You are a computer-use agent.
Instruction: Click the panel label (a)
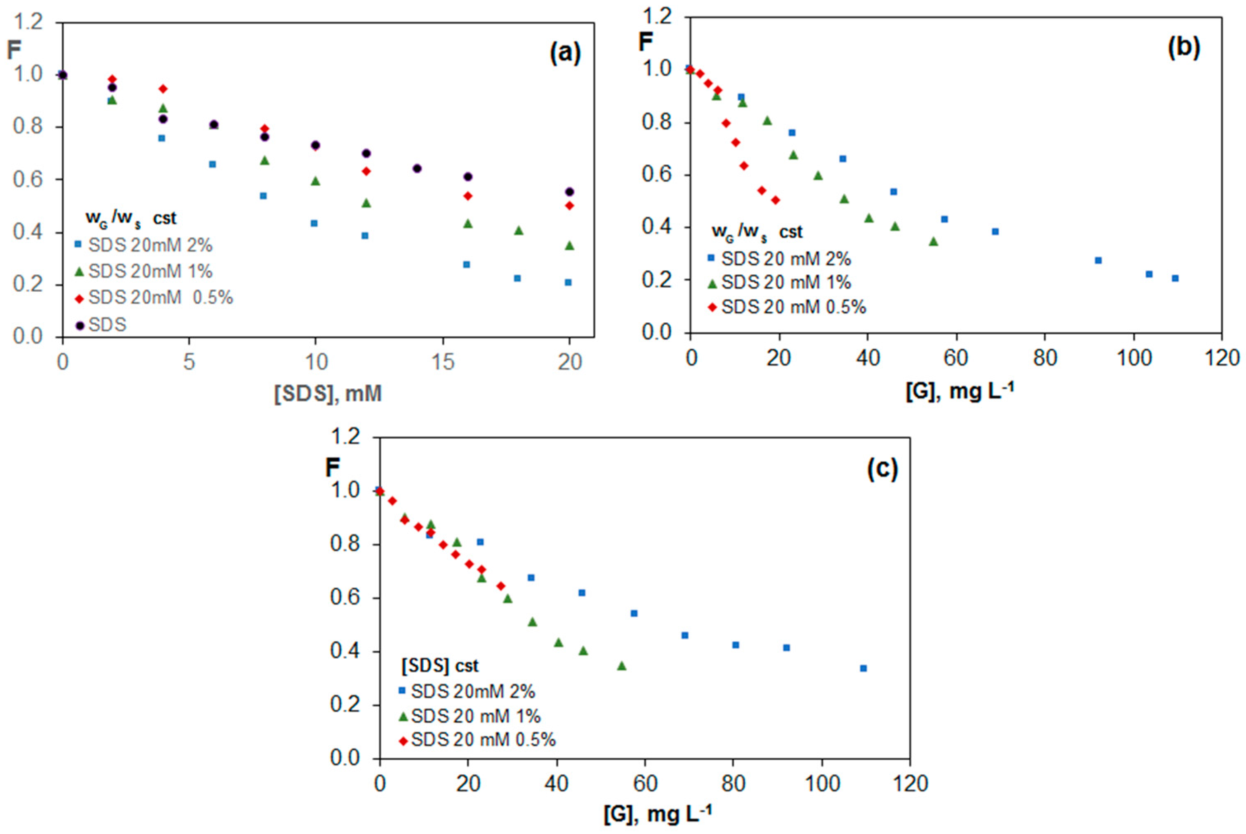point(565,54)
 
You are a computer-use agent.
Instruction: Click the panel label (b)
point(1183,48)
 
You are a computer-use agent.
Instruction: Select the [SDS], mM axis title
point(328,394)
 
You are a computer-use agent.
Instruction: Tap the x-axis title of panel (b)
point(959,391)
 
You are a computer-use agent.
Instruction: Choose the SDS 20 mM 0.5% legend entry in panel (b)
point(787,307)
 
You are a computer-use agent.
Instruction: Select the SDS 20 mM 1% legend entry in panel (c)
point(470,716)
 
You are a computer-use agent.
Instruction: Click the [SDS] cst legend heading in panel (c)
point(440,665)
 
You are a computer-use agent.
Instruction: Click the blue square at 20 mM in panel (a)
point(568,282)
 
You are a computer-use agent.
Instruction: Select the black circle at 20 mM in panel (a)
point(569,191)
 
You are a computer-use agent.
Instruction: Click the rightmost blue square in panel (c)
point(863,668)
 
